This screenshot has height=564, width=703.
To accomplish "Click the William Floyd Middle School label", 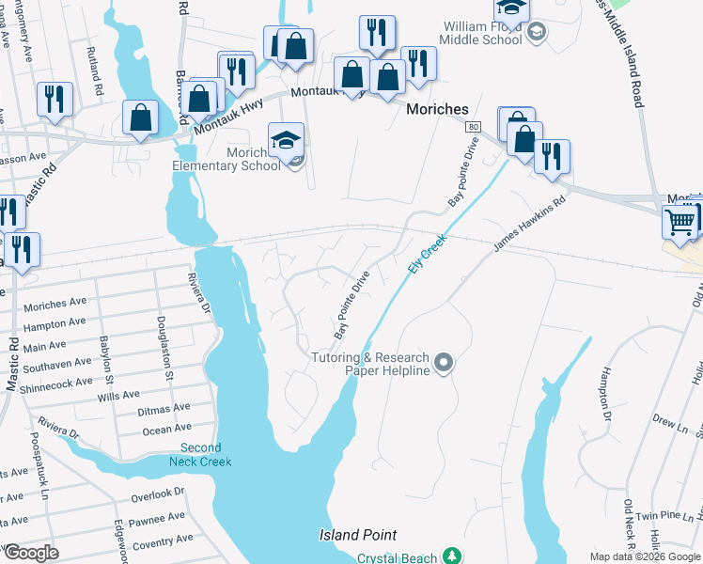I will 483,35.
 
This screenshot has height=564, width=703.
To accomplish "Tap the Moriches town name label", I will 437,109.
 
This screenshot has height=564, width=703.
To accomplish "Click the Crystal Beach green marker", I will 452,556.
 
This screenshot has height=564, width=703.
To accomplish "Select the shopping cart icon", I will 680,222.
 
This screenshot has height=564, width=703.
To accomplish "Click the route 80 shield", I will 474,126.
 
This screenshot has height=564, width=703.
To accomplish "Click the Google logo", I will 30,554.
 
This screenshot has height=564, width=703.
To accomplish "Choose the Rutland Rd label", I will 95,74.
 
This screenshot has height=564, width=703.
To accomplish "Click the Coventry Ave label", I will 163,540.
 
